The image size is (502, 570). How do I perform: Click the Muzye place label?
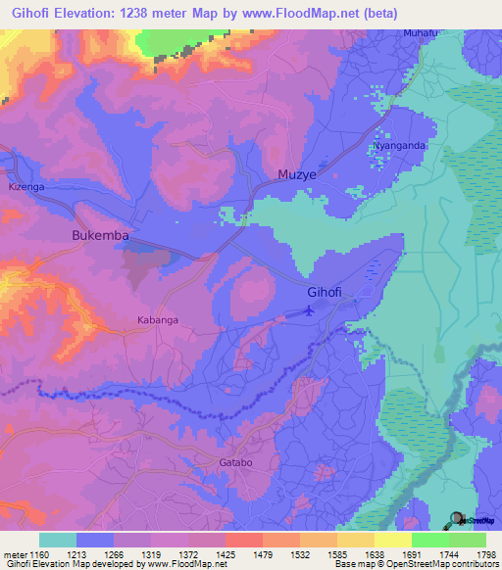point(293,175)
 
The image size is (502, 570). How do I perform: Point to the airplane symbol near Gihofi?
point(310,311)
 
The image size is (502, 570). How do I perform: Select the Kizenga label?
point(25,185)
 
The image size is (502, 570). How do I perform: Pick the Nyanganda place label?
point(398,146)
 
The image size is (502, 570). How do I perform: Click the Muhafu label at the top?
point(421,33)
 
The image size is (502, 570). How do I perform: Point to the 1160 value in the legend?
point(39,553)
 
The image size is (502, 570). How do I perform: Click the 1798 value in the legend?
point(485,553)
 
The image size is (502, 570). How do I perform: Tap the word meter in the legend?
point(14,553)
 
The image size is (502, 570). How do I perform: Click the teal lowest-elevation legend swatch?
point(57,540)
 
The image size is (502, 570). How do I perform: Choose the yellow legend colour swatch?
point(392,540)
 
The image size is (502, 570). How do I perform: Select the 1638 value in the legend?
point(374,553)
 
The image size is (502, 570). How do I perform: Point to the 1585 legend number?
point(336,553)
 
